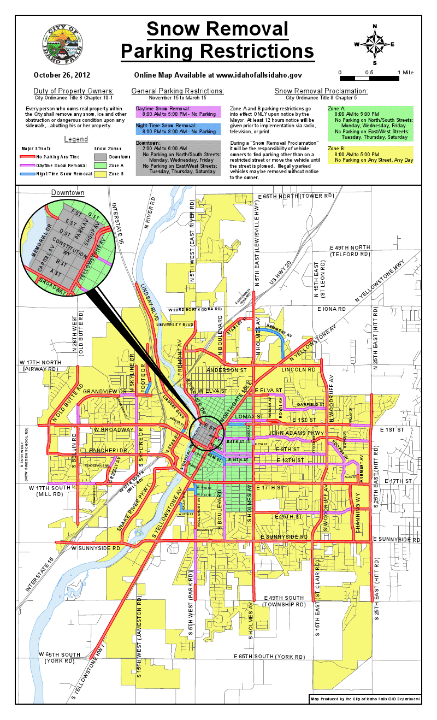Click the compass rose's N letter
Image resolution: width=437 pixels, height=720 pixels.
tap(375, 26)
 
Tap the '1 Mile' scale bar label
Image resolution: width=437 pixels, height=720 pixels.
tap(405, 73)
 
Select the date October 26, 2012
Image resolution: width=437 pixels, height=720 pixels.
tap(62, 75)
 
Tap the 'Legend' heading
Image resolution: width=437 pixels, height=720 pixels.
tap(76, 139)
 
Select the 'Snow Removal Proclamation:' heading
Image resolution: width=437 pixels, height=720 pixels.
tap(321, 91)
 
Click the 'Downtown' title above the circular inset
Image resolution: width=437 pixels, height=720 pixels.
tap(68, 193)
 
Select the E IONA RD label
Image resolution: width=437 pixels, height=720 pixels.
tap(332, 309)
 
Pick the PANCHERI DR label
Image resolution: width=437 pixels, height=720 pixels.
tap(108, 450)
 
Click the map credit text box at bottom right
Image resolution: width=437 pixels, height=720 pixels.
tap(365, 699)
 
